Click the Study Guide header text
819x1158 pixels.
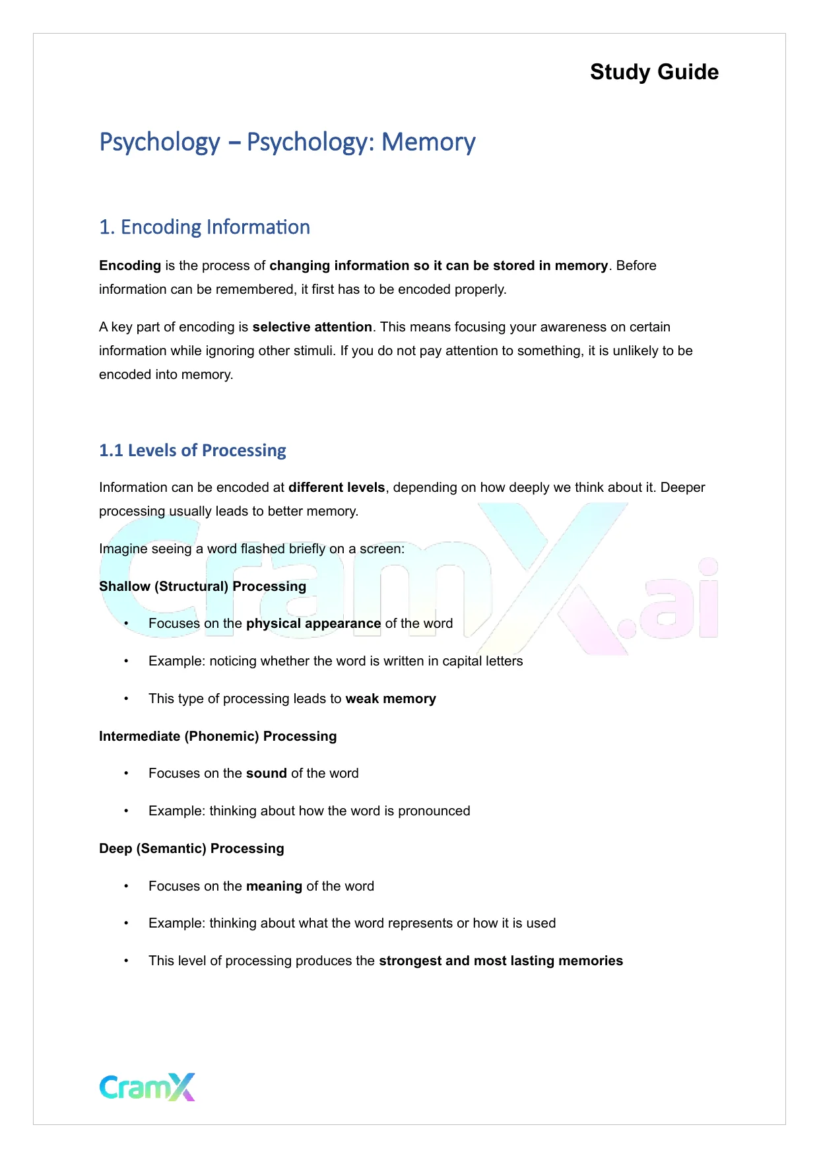[654, 72]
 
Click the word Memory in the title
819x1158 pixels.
[428, 143]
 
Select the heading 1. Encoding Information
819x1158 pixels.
[205, 227]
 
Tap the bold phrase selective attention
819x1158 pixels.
[312, 327]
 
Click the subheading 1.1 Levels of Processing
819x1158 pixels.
[193, 450]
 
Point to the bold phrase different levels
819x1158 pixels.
[337, 487]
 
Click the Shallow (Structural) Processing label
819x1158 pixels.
[203, 586]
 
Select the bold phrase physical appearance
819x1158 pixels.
[313, 623]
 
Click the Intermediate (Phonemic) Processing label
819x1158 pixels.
[218, 736]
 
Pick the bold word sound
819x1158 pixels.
[266, 773]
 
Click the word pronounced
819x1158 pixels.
[434, 811]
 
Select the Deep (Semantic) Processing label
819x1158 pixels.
[191, 848]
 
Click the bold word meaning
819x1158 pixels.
[274, 886]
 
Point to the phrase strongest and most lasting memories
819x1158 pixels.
[501, 961]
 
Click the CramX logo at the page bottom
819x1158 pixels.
[147, 1087]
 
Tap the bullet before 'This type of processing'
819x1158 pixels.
[126, 699]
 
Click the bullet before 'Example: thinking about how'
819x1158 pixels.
[126, 811]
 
